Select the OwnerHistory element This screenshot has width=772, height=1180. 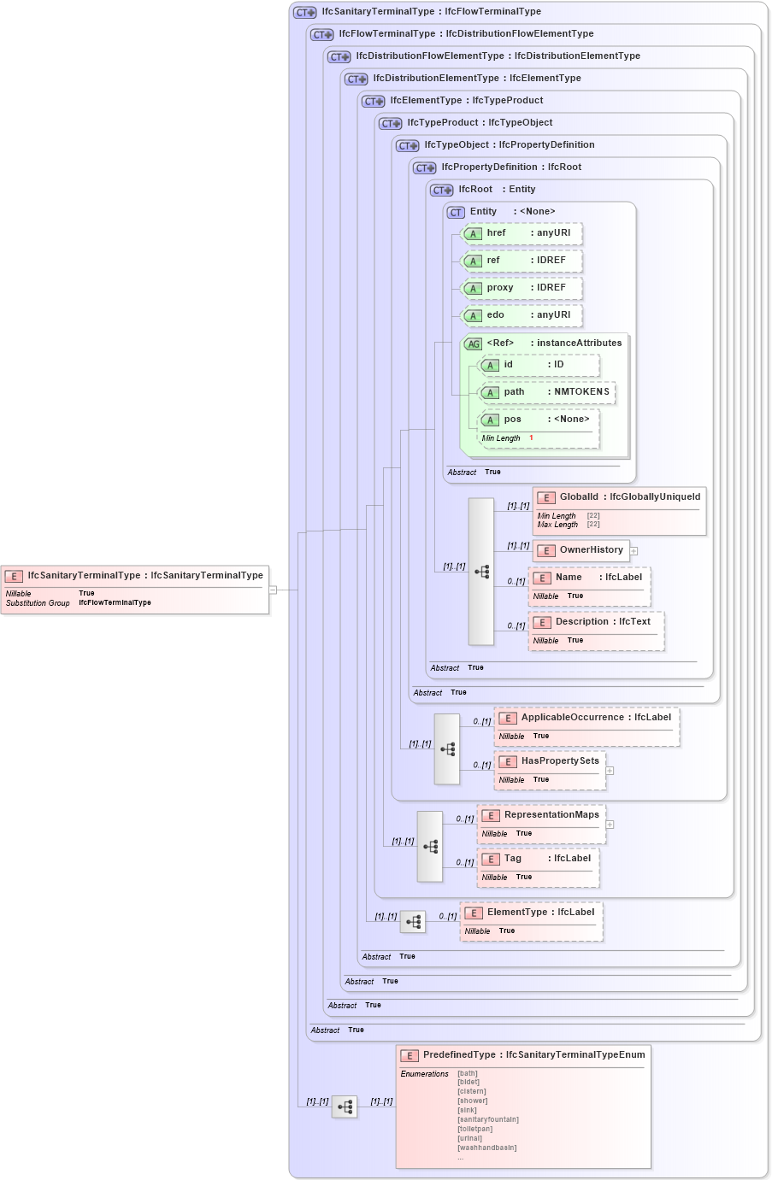pos(581,550)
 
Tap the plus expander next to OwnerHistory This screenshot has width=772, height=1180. pos(634,551)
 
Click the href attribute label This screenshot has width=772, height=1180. pos(496,233)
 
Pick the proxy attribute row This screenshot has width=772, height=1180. pos(522,288)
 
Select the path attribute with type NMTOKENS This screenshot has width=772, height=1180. pos(547,392)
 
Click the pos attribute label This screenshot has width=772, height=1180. pos(512,420)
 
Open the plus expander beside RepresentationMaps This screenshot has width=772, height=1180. pos(610,825)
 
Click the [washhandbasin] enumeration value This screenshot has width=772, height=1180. pos(486,1148)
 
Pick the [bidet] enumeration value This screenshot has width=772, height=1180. pos(469,1082)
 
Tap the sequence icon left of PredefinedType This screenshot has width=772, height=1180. pos(345,1107)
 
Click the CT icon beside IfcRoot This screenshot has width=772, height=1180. pos(442,191)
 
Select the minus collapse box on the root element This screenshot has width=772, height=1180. pos(273,590)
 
